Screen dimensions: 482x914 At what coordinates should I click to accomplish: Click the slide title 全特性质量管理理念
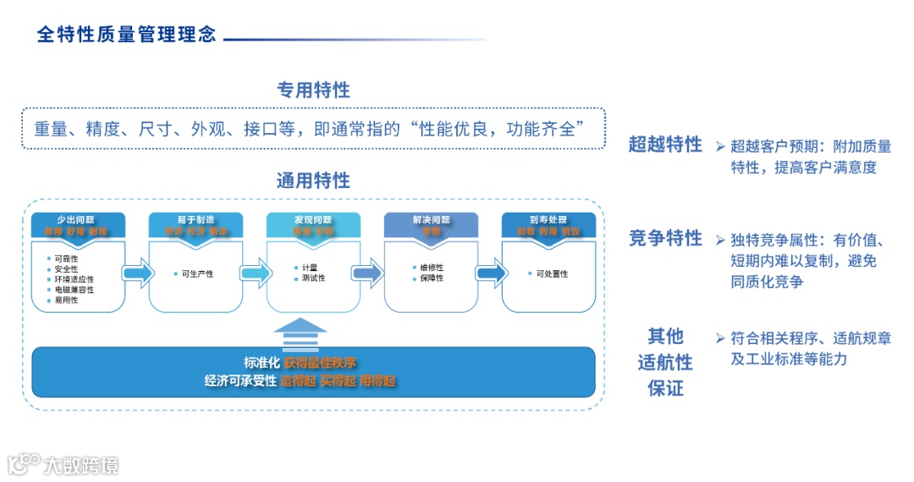(127, 34)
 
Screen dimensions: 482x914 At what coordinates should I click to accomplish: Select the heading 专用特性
(313, 90)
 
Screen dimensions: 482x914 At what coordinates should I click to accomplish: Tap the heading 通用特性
(313, 180)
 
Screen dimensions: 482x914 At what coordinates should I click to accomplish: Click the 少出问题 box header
(78, 224)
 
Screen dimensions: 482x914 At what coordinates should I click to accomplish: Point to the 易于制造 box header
(195, 224)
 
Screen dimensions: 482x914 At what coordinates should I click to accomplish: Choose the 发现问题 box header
(313, 224)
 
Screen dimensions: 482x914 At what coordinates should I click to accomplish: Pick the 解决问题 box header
(431, 224)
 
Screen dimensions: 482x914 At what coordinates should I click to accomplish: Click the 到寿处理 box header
(548, 224)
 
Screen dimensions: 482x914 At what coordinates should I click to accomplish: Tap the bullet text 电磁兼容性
(74, 290)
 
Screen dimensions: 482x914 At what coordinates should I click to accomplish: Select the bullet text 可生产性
(197, 274)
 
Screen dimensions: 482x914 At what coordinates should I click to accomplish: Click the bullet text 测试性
(313, 278)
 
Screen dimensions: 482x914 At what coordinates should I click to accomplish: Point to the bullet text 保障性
(432, 278)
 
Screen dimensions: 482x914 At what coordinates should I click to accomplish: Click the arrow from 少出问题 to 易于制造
(137, 273)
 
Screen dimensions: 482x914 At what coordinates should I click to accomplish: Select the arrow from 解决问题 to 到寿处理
(490, 273)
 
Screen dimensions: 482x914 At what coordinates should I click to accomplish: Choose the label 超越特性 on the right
(665, 145)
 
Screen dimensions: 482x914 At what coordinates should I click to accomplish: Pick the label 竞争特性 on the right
(665, 238)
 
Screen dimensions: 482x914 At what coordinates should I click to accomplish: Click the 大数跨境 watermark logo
(63, 464)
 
